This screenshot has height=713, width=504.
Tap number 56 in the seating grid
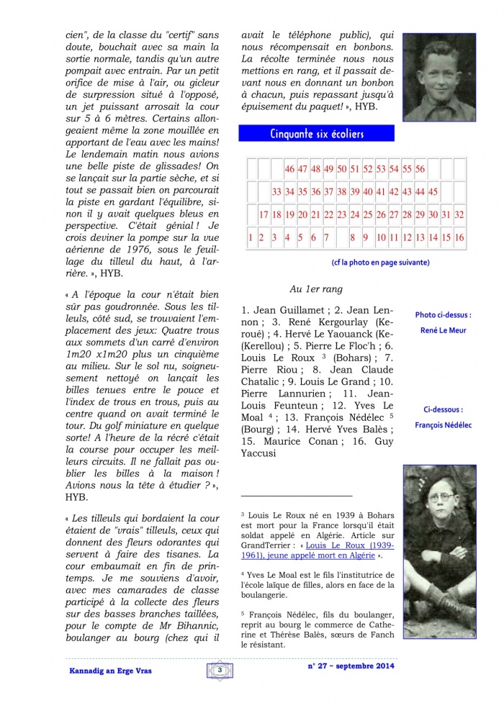click(x=420, y=169)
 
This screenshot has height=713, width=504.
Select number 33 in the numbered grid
click(x=276, y=192)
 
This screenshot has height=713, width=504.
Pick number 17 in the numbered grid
click(x=264, y=214)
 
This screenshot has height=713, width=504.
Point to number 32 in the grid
click(x=459, y=214)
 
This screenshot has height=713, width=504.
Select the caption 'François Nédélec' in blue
click(x=444, y=425)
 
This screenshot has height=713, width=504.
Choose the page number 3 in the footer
click(x=218, y=670)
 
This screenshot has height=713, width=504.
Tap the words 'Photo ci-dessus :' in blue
click(x=444, y=314)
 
